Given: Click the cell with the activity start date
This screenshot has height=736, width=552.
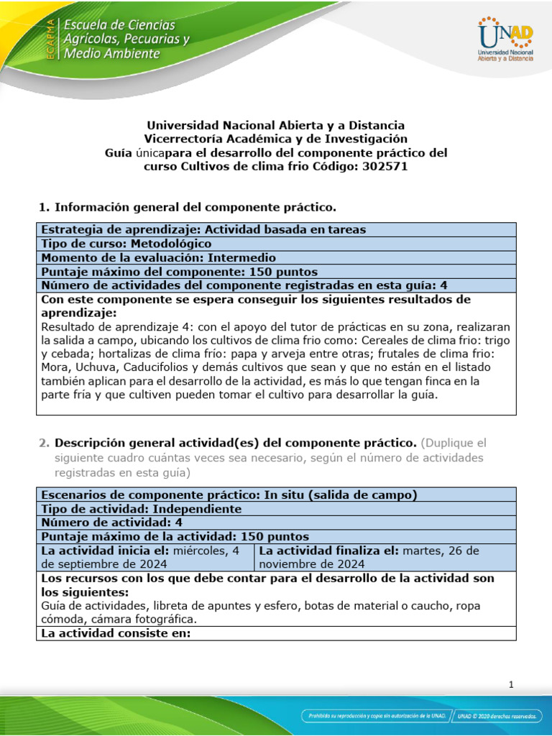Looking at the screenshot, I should [146, 557].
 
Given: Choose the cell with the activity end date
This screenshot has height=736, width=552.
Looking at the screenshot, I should [385, 557].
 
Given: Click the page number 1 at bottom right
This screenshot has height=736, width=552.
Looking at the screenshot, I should [511, 685].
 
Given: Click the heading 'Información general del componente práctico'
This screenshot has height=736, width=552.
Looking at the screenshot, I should [195, 208].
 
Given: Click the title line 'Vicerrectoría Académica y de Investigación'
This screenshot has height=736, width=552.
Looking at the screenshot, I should [276, 139].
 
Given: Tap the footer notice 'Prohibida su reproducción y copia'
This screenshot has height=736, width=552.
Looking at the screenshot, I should [375, 716].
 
